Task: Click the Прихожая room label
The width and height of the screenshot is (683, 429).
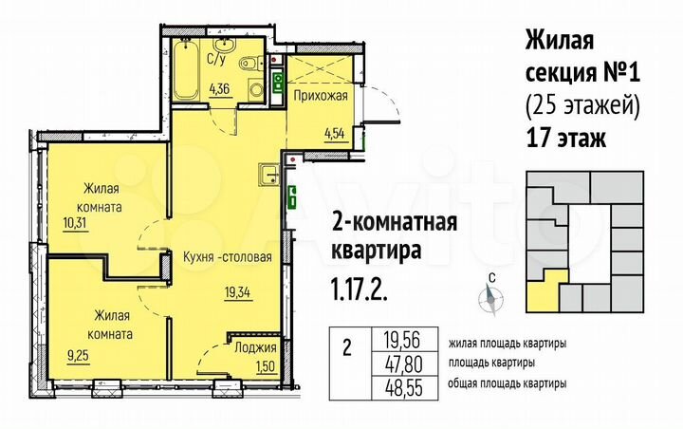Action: [320, 96]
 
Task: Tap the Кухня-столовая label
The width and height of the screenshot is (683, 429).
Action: [228, 257]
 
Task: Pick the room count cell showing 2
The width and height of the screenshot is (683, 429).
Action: [348, 348]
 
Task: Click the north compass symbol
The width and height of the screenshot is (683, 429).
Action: [491, 298]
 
